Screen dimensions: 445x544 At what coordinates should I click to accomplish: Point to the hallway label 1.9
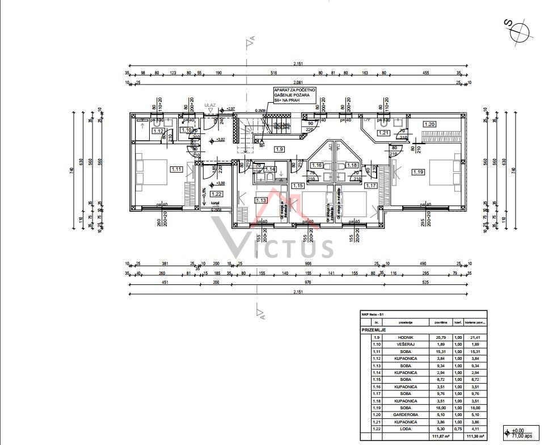pos(279,149)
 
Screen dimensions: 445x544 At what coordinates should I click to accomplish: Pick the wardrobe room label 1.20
pos(429,124)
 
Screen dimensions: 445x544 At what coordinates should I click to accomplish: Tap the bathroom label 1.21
pos(384,133)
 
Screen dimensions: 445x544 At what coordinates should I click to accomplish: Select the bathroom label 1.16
pos(317,165)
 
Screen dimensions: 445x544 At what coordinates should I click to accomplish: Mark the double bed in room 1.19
pos(445,173)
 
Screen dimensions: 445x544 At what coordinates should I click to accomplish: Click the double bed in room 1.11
pos(151,173)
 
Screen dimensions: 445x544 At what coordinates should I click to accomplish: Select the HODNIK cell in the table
pos(405,338)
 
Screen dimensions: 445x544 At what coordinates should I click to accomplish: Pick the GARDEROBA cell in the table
pos(405,415)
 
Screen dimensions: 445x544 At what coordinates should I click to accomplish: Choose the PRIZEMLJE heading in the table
pos(374,329)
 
